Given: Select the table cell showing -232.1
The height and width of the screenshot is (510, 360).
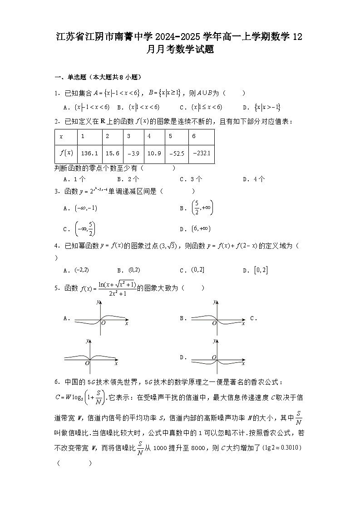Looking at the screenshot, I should [201, 153].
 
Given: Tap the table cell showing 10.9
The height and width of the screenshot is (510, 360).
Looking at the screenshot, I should [154, 153].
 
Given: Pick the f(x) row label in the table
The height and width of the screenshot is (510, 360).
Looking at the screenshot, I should [66, 153].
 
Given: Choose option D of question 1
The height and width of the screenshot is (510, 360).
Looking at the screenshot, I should [267, 107].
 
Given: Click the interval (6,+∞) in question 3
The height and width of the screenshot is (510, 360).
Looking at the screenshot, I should [201, 228].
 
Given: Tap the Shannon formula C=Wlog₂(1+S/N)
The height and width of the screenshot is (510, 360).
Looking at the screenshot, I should [80, 397].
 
